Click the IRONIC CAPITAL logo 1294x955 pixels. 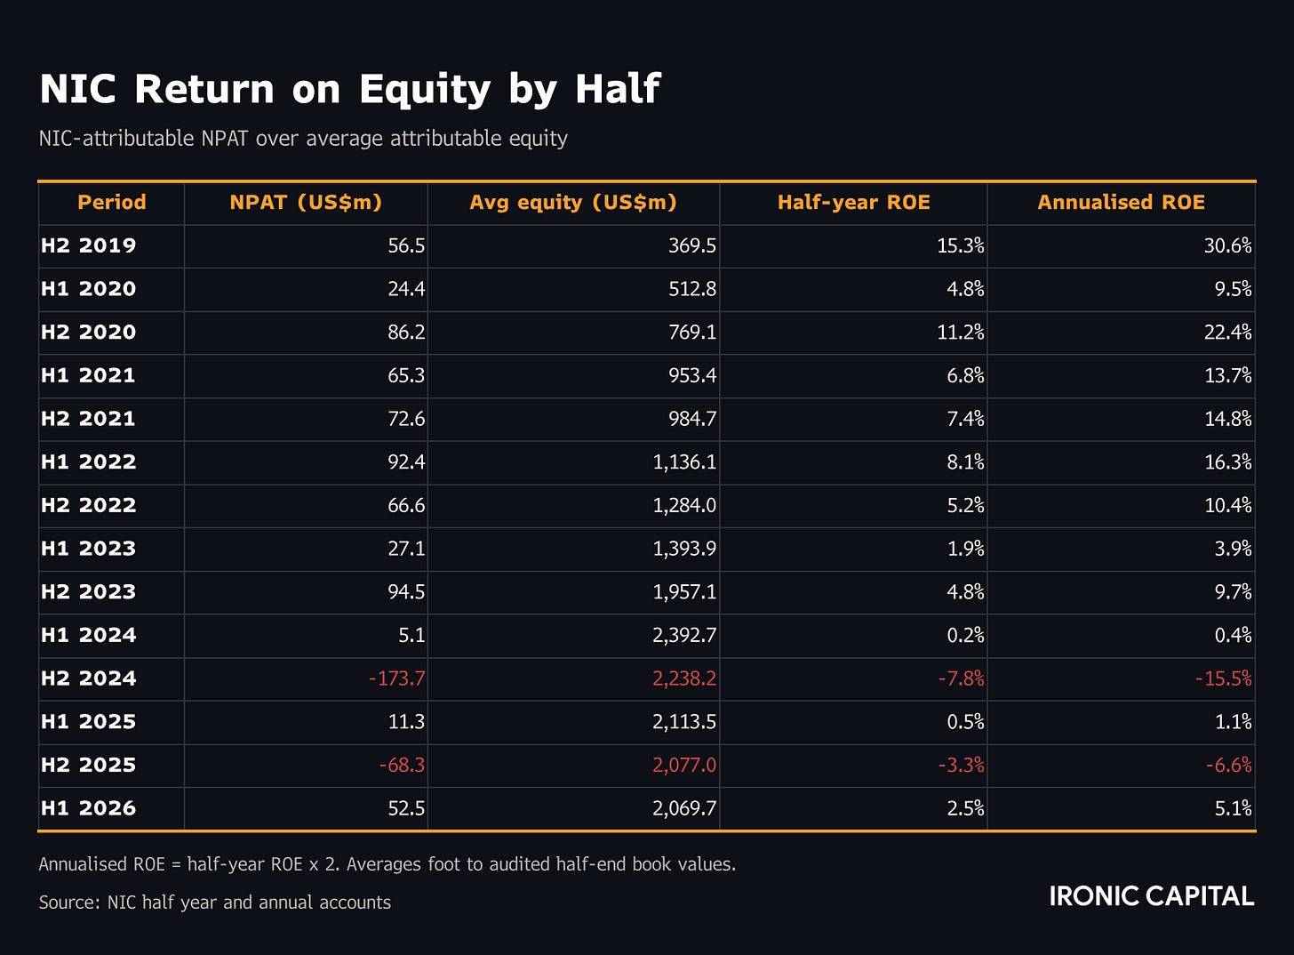1151,896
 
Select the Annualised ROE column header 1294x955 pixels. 1122,203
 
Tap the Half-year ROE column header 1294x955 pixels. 854,203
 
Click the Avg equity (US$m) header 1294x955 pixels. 573,203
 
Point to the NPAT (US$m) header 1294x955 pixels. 306,203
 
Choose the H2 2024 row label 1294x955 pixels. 88,678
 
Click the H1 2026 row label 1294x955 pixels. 88,808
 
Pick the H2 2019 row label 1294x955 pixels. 88,245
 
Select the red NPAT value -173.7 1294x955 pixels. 397,678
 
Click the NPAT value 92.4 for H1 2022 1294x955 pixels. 406,461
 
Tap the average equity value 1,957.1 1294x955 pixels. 684,592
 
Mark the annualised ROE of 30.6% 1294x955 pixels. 1228,245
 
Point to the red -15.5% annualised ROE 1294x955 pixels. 1224,678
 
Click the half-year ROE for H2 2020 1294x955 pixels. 961,333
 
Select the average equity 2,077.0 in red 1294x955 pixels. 684,765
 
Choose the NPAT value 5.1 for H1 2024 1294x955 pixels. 411,635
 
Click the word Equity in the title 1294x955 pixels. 425,90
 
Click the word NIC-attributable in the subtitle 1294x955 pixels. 116,139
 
